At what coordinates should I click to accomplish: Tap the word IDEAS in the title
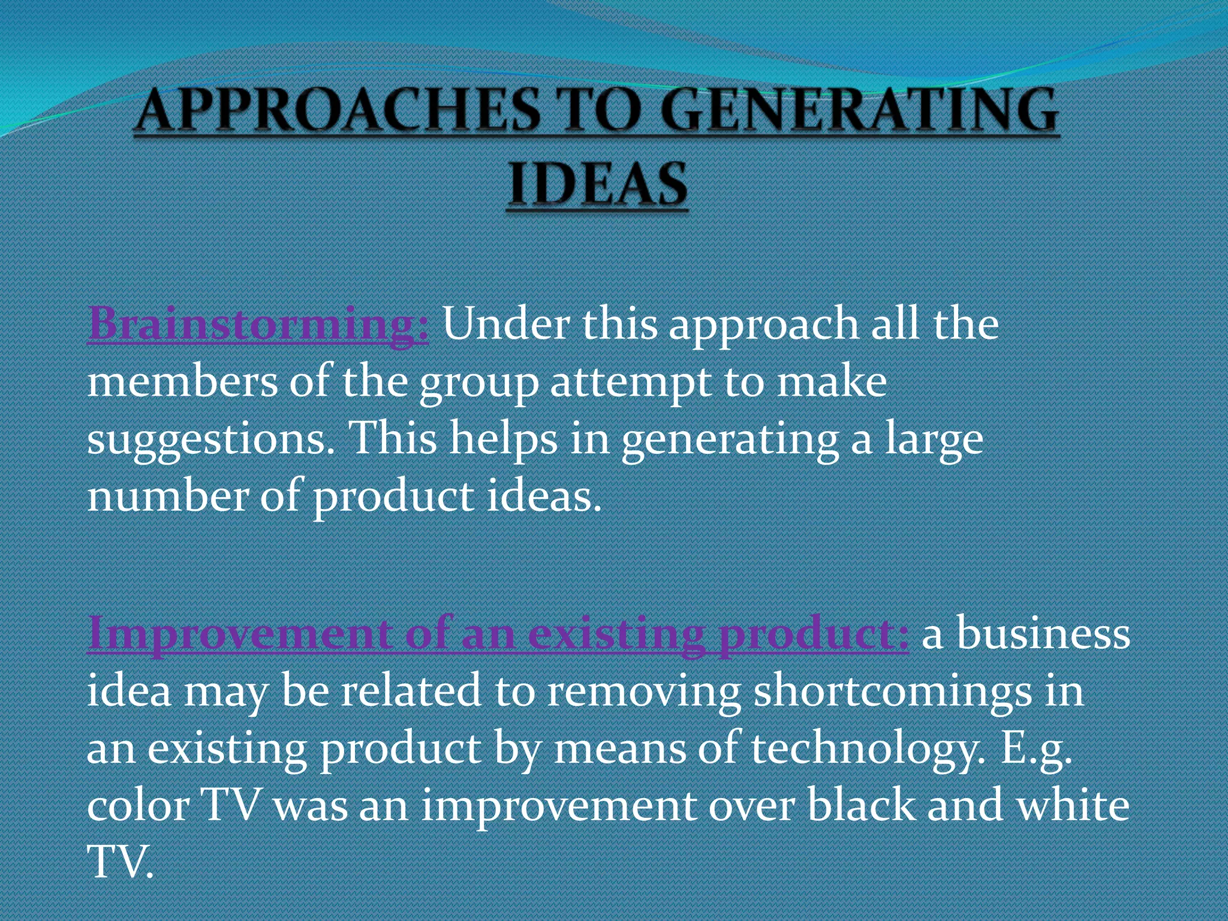pyautogui.click(x=598, y=184)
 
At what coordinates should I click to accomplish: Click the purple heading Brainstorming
pyautogui.click(x=258, y=324)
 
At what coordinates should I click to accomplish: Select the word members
pyautogui.click(x=182, y=381)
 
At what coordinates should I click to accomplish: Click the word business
pyautogui.click(x=1043, y=634)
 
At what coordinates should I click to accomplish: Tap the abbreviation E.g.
pyautogui.click(x=1037, y=750)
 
